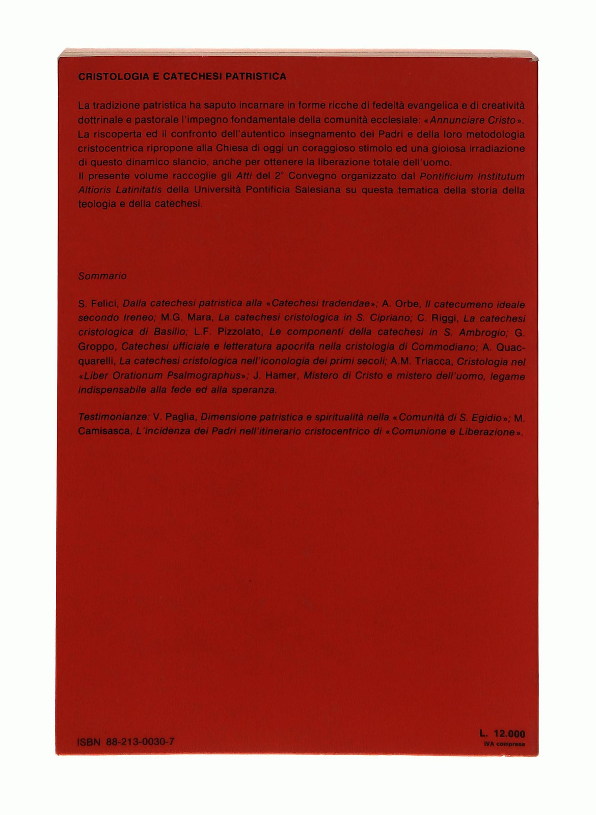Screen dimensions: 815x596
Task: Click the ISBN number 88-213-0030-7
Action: pyautogui.click(x=140, y=742)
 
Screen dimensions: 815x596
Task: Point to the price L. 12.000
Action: pyautogui.click(x=502, y=734)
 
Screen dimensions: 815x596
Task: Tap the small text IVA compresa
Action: pyautogui.click(x=504, y=744)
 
